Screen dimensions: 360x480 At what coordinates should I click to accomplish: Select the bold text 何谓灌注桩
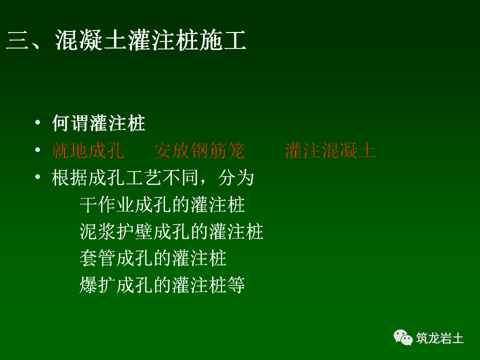pyautogui.click(x=98, y=123)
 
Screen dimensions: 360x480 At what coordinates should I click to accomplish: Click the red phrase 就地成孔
pyautogui.click(x=88, y=150)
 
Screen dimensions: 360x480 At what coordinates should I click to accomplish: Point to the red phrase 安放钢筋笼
pyautogui.click(x=199, y=150)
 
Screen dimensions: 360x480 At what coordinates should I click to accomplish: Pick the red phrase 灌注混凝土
pyautogui.click(x=330, y=150)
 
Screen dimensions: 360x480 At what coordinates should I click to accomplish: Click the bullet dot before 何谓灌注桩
pyautogui.click(x=37, y=123)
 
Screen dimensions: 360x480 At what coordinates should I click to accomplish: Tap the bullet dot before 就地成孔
pyautogui.click(x=37, y=150)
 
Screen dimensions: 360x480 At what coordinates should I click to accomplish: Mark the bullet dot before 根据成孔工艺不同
pyautogui.click(x=37, y=178)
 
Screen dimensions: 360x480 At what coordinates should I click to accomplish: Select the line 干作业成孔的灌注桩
pyautogui.click(x=162, y=205)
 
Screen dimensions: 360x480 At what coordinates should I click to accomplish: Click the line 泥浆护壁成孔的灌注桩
pyautogui.click(x=171, y=232)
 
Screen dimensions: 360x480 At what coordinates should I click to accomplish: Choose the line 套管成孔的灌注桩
pyautogui.click(x=153, y=259)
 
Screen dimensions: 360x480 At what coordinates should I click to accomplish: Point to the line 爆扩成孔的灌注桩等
pyautogui.click(x=162, y=286)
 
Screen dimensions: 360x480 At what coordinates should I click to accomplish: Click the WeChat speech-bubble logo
pyautogui.click(x=403, y=337)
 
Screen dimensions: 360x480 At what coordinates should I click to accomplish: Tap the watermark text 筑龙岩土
pyautogui.click(x=440, y=338)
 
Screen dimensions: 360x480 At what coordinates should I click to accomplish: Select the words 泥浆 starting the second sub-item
pyautogui.click(x=97, y=232)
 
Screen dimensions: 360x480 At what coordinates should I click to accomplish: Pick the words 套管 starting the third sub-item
pyautogui.click(x=97, y=259)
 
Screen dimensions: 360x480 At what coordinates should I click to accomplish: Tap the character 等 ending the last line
pyautogui.click(x=236, y=286)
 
